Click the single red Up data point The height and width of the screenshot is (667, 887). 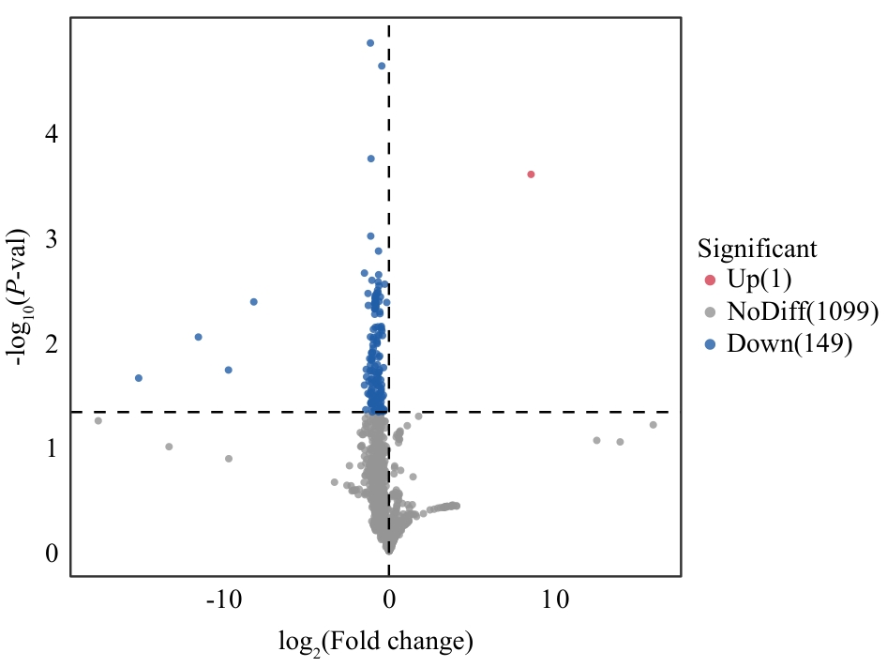tap(531, 174)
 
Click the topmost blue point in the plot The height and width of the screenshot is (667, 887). tap(370, 43)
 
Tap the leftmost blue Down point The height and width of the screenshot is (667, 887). tap(139, 378)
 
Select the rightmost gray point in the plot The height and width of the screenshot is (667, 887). tap(654, 425)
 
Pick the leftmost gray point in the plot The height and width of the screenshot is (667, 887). tap(98, 420)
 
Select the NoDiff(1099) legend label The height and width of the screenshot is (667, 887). tap(803, 311)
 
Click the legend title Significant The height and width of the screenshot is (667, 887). tap(757, 249)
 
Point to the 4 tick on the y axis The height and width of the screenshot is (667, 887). tap(52, 134)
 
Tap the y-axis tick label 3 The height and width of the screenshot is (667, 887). tap(52, 239)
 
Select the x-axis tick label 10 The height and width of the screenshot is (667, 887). tap(555, 599)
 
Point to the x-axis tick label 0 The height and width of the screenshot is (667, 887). tap(389, 599)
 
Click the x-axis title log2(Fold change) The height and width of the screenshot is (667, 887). tap(375, 643)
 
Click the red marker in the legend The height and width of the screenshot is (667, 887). tap(710, 280)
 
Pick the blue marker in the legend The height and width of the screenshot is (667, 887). tap(710, 343)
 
